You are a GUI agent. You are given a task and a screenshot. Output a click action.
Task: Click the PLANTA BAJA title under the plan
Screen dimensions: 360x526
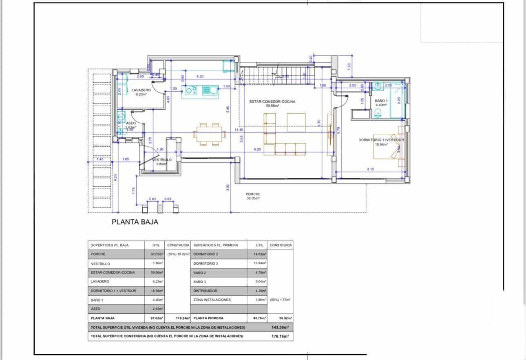135,223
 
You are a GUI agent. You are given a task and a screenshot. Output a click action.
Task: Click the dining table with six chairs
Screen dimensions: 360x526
209,133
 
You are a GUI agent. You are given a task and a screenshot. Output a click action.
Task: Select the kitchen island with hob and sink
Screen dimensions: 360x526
202,90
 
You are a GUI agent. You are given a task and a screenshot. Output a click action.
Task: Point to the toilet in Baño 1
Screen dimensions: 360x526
378,113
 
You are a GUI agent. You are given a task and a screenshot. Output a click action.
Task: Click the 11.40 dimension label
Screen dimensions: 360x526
239,130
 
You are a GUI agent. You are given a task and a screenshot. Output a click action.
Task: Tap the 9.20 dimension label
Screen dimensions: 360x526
257,149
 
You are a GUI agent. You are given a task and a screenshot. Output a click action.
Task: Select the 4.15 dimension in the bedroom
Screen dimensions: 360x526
370,169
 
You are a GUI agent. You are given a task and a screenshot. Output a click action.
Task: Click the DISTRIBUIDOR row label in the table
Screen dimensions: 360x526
206,291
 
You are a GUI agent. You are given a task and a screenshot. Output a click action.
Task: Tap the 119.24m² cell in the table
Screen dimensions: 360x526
178,318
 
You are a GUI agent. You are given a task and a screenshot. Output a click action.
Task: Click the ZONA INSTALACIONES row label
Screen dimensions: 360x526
212,300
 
